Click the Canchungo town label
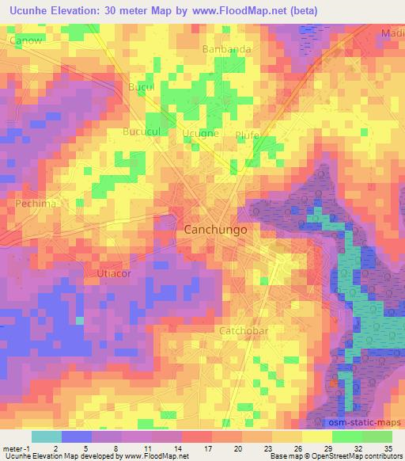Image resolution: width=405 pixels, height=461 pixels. (215, 229)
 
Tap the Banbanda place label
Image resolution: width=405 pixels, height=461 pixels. (227, 49)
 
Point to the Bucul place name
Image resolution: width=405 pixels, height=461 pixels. (141, 87)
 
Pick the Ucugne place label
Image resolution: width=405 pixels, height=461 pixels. (200, 134)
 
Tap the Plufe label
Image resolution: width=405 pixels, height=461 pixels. (248, 135)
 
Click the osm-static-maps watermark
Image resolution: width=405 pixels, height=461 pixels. (365, 421)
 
